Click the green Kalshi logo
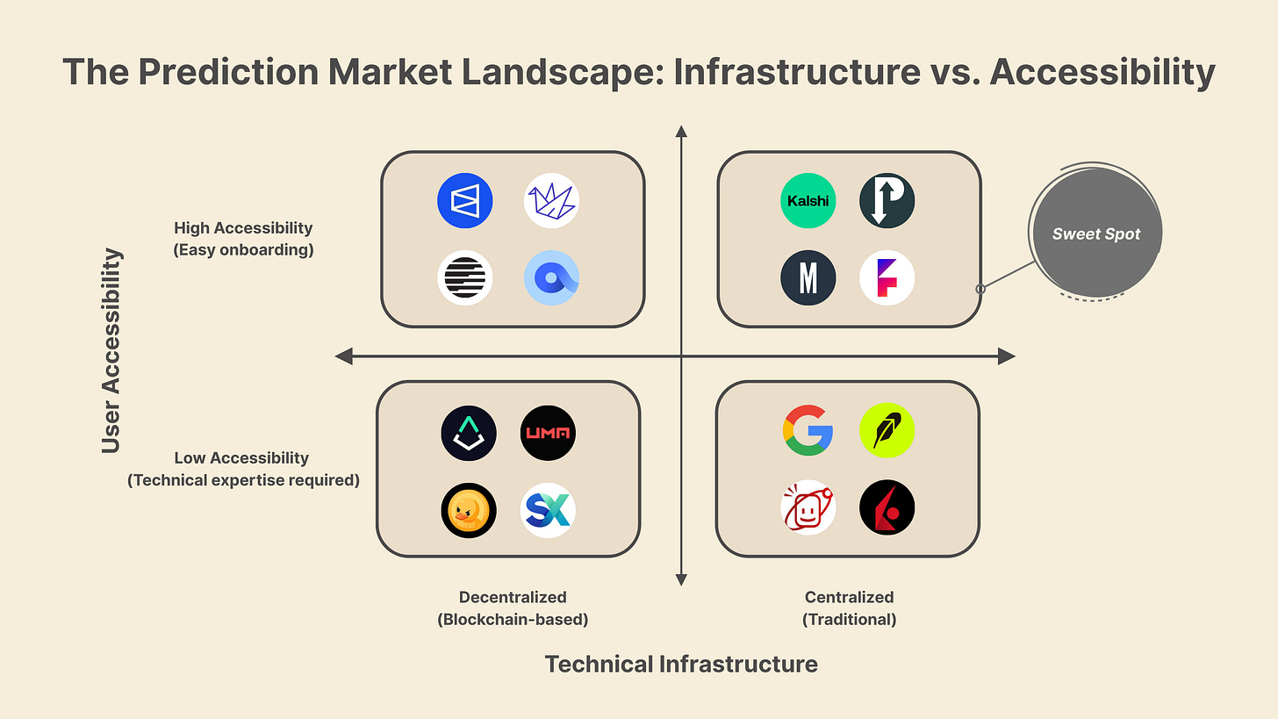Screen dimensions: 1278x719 (x=808, y=201)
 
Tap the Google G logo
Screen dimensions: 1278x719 (x=808, y=431)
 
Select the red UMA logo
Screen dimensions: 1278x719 (x=548, y=433)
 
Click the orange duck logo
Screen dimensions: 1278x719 (x=469, y=510)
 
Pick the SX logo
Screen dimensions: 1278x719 (x=548, y=510)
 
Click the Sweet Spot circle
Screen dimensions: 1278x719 (x=1095, y=234)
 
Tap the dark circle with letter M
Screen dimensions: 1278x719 (x=808, y=278)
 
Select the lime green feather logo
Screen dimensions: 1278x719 (x=887, y=431)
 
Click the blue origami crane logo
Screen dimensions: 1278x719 (x=551, y=201)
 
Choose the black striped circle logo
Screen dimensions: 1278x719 (x=465, y=278)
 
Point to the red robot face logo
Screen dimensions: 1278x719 (x=808, y=507)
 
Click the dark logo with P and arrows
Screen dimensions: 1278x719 (x=887, y=201)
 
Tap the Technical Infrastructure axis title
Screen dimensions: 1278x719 (x=681, y=664)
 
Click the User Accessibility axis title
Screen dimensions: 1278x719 (x=111, y=351)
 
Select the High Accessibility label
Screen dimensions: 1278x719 (x=243, y=228)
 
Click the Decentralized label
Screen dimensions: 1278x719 (x=513, y=597)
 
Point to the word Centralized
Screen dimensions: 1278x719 (x=849, y=597)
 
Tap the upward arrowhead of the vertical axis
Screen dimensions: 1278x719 (x=681, y=133)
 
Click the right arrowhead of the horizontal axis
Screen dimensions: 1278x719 (x=1008, y=356)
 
